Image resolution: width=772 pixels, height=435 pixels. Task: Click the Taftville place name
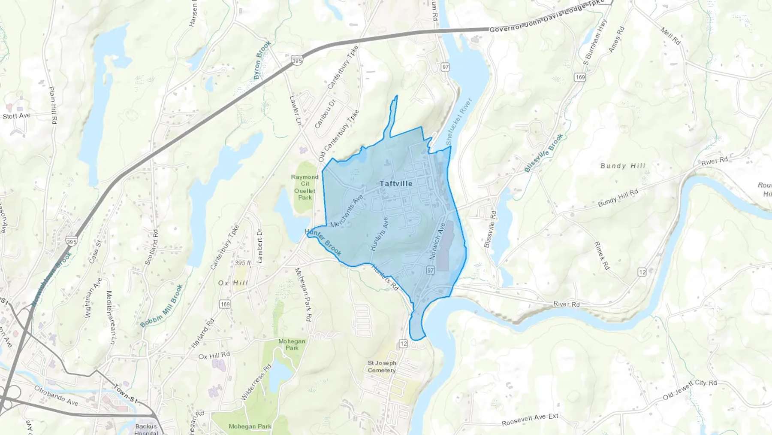(x=395, y=183)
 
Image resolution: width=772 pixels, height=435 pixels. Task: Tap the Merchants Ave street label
(x=347, y=211)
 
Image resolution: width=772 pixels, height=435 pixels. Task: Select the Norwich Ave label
(x=437, y=240)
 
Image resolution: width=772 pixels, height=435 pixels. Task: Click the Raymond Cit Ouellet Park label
(x=305, y=187)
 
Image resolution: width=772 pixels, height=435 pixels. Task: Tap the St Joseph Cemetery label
(x=381, y=366)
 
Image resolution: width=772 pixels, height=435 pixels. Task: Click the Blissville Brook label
(x=543, y=153)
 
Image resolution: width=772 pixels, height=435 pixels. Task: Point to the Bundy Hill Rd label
(x=618, y=198)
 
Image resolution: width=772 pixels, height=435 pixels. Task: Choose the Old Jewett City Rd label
(x=689, y=389)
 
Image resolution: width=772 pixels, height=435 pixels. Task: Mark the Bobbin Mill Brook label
(x=162, y=306)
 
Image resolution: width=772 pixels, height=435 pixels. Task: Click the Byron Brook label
(x=262, y=60)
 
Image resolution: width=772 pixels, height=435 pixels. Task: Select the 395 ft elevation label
(x=243, y=263)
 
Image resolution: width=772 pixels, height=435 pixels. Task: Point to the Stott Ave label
(x=16, y=116)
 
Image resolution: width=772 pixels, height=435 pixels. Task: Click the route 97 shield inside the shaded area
(x=431, y=270)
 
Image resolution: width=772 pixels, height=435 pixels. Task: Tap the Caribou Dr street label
(x=325, y=114)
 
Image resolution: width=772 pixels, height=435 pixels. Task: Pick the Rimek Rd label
(x=601, y=256)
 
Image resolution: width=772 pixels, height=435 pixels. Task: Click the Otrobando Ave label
(x=56, y=396)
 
